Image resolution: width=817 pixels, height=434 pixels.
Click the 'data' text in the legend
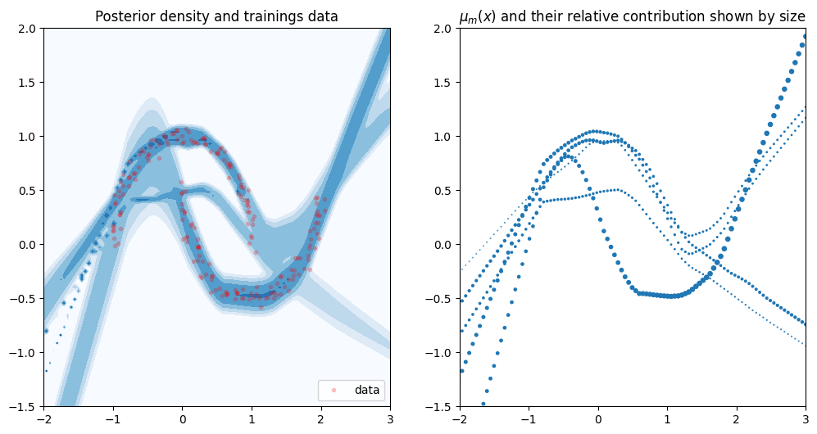[x=367, y=391]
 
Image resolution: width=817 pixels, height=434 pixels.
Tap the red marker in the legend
[x=334, y=391]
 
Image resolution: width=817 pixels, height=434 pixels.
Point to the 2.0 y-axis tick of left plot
[x=27, y=29]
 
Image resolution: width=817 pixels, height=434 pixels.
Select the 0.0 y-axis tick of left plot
[x=27, y=245]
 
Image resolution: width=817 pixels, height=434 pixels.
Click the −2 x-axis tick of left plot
[x=43, y=420]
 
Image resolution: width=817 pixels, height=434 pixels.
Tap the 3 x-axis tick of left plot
[x=390, y=420]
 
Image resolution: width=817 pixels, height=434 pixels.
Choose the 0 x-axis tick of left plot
[x=182, y=420]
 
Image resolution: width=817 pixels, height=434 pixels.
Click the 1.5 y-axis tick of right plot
[x=443, y=83]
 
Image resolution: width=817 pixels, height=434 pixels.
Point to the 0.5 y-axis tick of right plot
[x=443, y=191]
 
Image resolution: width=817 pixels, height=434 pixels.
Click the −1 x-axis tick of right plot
[x=529, y=420]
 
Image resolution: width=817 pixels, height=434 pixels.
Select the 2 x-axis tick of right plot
[x=737, y=420]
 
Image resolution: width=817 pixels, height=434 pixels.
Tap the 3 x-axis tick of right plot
[x=806, y=420]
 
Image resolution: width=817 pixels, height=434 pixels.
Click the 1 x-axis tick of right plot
[x=668, y=420]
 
